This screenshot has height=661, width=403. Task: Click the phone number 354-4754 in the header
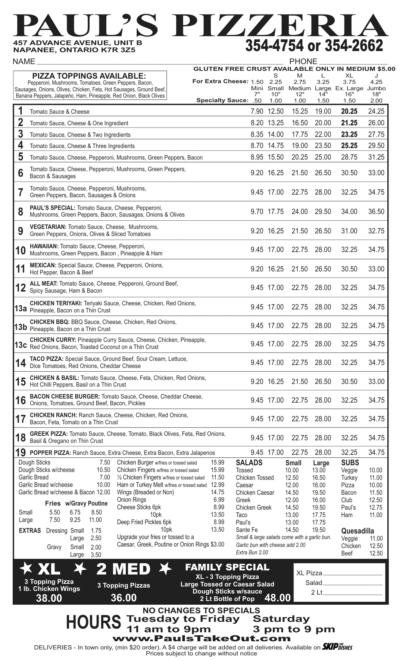(274, 45)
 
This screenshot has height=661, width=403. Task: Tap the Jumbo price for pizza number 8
(376, 211)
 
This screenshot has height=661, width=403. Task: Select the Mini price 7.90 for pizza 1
(257, 111)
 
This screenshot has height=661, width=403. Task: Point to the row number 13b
(21, 327)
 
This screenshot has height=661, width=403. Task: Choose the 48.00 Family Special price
(277, 598)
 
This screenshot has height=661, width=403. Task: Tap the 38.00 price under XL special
(49, 598)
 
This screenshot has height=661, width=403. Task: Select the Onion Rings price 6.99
(219, 500)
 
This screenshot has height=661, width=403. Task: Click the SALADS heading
(249, 463)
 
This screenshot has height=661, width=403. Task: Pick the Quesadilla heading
(357, 531)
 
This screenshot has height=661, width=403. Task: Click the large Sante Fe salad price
(319, 530)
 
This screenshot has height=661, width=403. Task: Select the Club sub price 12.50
(375, 500)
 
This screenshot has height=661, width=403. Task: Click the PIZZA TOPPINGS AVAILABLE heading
(89, 75)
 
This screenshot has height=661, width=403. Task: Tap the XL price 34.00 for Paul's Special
(349, 211)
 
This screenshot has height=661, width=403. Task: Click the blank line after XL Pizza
(353, 573)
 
